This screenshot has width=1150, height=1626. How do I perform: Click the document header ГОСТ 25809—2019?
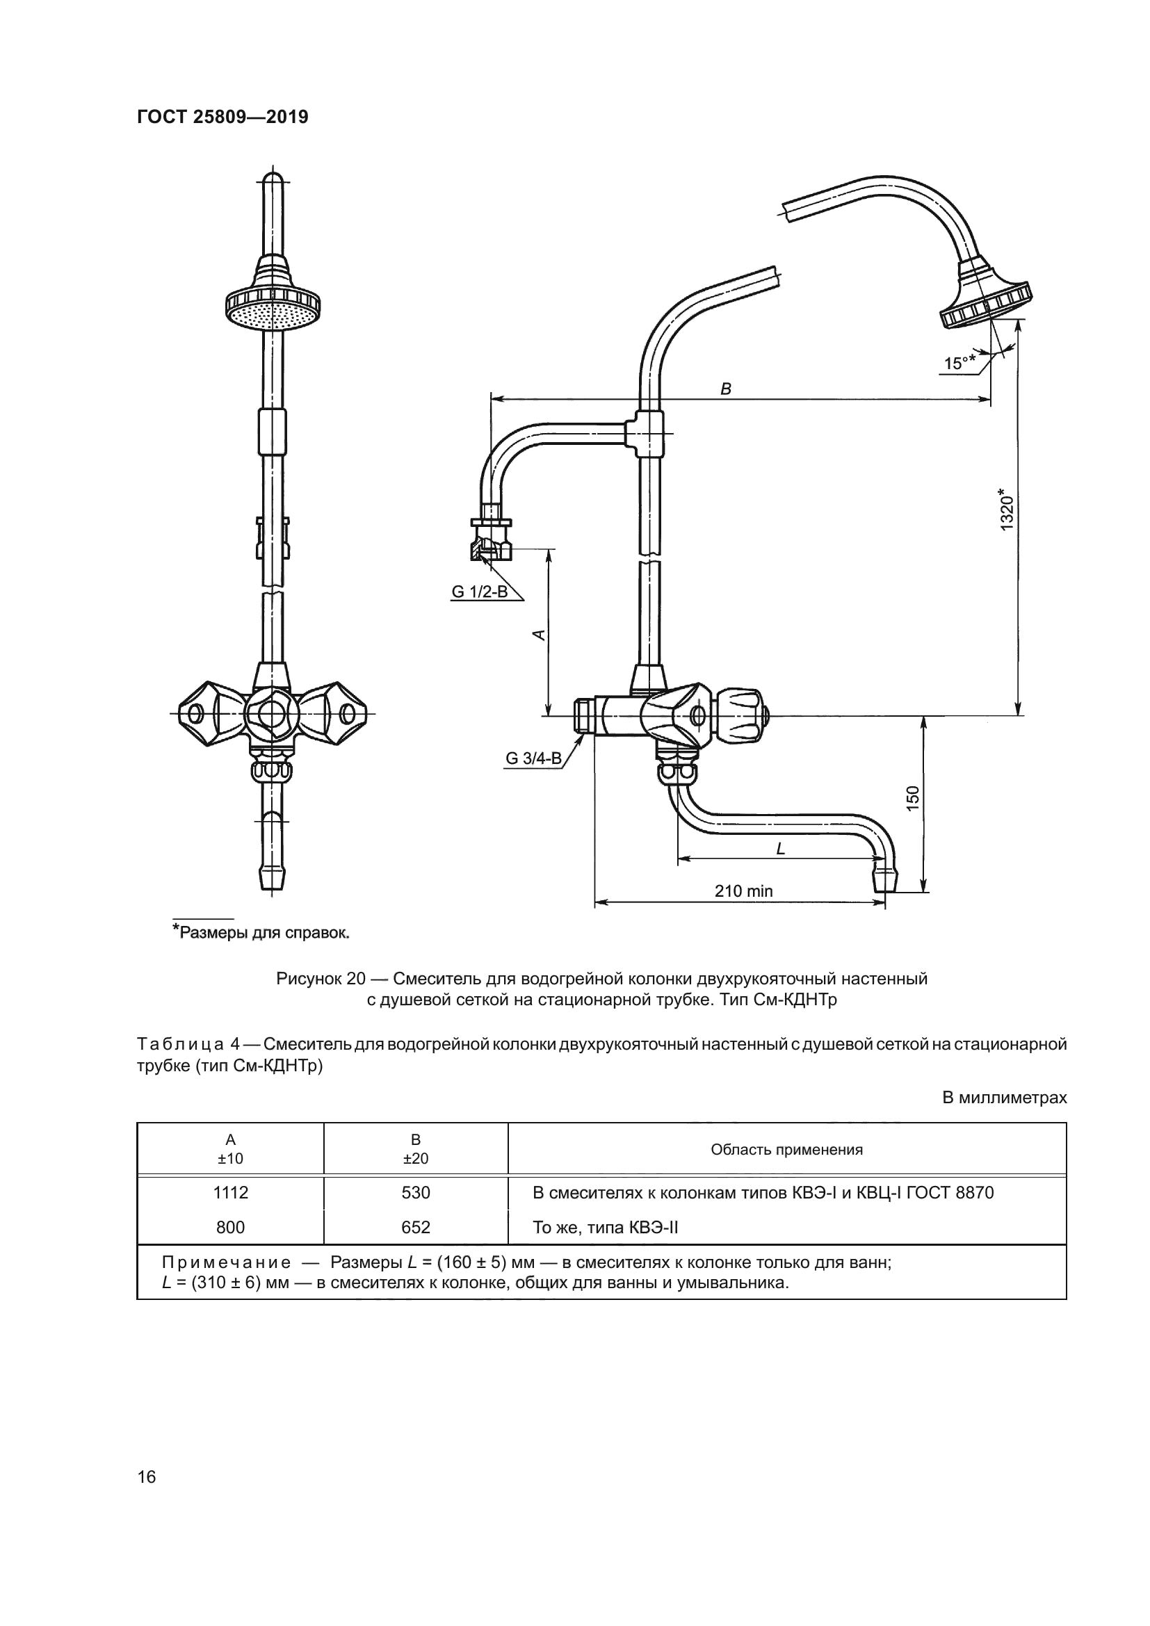(222, 117)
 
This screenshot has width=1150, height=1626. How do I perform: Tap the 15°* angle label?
(959, 364)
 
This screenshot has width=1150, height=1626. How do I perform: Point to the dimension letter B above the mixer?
(726, 389)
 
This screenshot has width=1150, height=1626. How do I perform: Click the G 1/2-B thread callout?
(480, 592)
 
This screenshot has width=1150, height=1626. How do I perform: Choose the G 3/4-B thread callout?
(533, 758)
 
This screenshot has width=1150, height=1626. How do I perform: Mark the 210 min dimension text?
(743, 891)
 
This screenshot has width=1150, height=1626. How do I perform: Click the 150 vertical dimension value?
(913, 798)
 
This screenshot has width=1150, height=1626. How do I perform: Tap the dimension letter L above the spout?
(781, 848)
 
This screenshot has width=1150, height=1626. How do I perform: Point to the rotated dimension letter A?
(539, 635)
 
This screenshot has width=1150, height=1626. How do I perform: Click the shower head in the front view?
(273, 304)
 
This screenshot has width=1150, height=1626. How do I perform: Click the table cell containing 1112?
(231, 1193)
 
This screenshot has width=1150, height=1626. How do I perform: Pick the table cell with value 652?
(416, 1227)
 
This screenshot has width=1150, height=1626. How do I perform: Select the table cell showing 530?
(416, 1193)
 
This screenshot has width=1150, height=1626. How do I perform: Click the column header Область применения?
(787, 1149)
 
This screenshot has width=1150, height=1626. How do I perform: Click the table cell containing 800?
(231, 1227)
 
